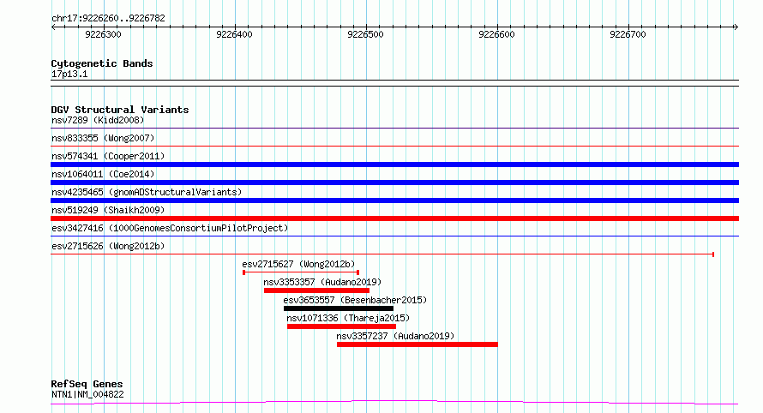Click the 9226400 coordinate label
[x=234, y=34]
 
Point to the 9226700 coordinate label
[x=628, y=34]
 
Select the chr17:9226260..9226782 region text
[x=109, y=19]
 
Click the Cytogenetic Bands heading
[x=102, y=63]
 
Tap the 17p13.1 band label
[x=69, y=74]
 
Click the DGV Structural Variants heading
[x=120, y=110]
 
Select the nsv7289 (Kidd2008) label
[x=98, y=120]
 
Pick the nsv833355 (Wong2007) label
[x=103, y=138]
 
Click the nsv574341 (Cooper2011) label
[x=108, y=156]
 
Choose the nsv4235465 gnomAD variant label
[x=147, y=192]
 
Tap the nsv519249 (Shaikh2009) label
[x=108, y=210]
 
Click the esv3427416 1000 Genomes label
[x=170, y=228]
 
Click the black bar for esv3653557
[x=339, y=308]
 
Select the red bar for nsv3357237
[x=417, y=344]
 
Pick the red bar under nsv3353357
[x=317, y=290]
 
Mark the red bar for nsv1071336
[x=341, y=326]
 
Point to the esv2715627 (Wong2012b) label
[x=299, y=264]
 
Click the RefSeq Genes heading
[x=87, y=384]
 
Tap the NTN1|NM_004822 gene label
[x=87, y=394]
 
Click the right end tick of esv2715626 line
[x=713, y=254]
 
